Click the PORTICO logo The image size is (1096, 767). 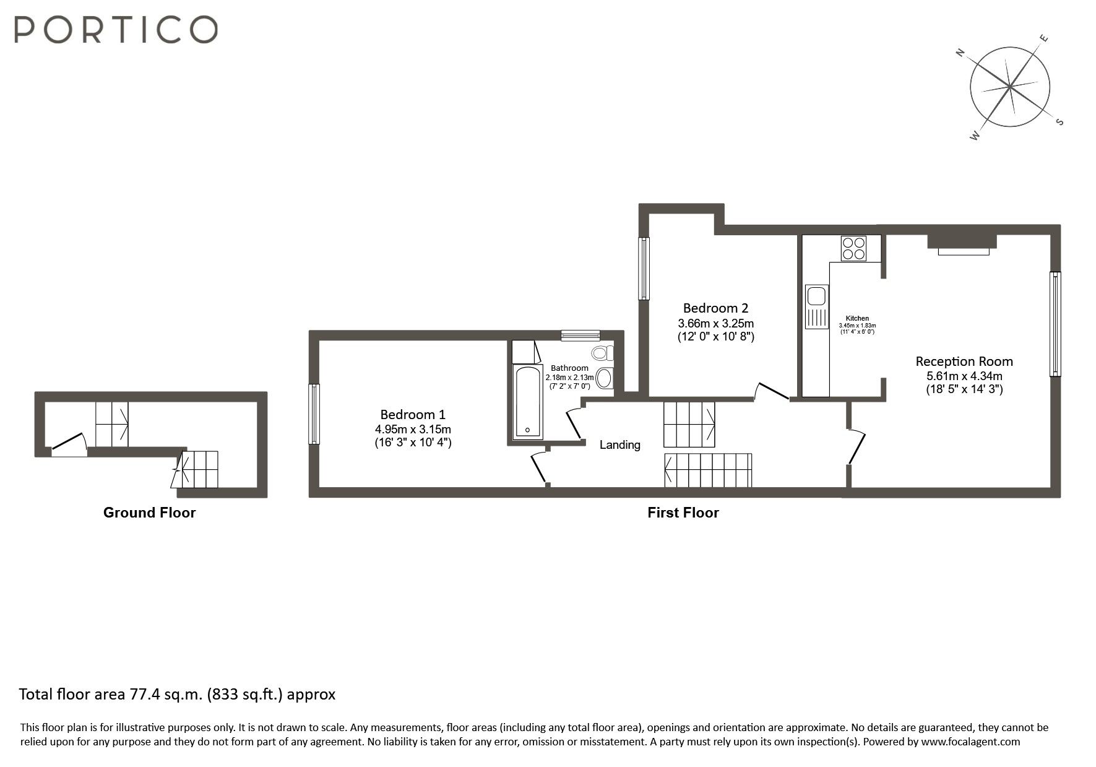(x=116, y=29)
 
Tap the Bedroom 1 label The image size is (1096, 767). (x=412, y=415)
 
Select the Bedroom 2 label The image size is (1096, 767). (x=715, y=308)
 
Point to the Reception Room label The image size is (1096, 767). (x=964, y=362)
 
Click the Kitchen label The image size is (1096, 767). (x=857, y=318)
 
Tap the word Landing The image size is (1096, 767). (x=619, y=444)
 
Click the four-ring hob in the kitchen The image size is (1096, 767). (x=853, y=248)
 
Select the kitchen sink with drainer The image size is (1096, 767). (x=816, y=306)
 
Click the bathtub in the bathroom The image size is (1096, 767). (x=528, y=402)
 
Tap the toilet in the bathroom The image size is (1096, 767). (x=601, y=353)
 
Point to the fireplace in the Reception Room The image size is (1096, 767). (x=962, y=243)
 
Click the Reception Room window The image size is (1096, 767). (x=1055, y=324)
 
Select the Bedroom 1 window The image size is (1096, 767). (x=314, y=414)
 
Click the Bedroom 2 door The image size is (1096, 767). (x=771, y=392)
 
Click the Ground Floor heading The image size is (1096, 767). (x=149, y=513)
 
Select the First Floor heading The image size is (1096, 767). (x=683, y=513)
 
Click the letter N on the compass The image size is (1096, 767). (x=960, y=53)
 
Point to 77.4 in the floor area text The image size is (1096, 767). (x=144, y=695)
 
